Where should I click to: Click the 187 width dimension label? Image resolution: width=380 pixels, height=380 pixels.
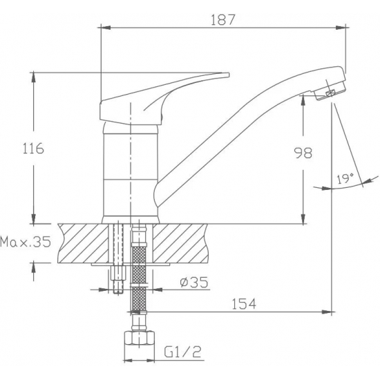[223, 20]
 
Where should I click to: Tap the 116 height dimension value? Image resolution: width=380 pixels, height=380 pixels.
[33, 149]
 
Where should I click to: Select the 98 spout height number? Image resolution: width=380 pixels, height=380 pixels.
[303, 153]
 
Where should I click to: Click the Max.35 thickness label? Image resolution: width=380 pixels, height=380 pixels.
[26, 242]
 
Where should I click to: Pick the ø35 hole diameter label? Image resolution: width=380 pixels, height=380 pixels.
[194, 282]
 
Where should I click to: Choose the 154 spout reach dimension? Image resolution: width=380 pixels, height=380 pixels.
[244, 304]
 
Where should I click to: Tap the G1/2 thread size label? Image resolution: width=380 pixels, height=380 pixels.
[182, 352]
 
